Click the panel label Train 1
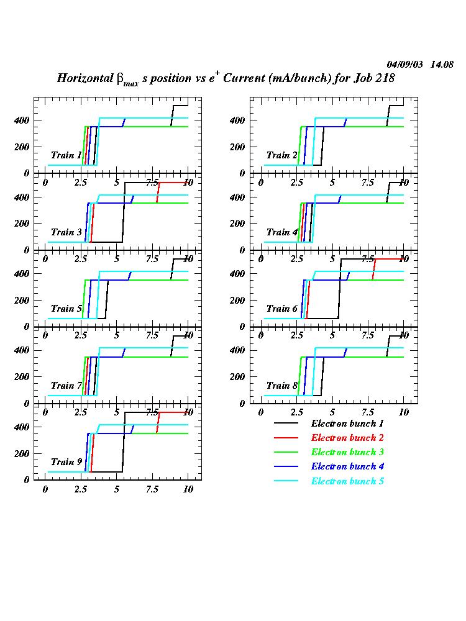click(x=66, y=155)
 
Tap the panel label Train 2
click(x=282, y=155)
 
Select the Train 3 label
click(x=66, y=232)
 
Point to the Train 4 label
click(x=282, y=232)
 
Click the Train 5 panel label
click(x=66, y=309)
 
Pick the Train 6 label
click(x=282, y=309)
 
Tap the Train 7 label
click(x=66, y=386)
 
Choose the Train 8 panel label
click(x=282, y=386)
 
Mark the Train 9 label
click(x=66, y=462)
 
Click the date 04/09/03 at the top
click(x=405, y=64)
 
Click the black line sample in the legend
click(x=287, y=424)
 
